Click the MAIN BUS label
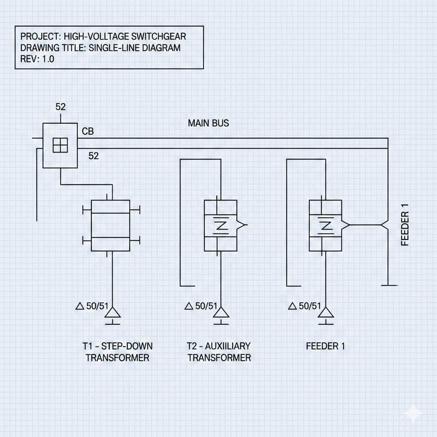[x=208, y=123]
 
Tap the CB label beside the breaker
[x=87, y=131]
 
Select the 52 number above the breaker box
[x=61, y=107]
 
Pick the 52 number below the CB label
[x=93, y=156]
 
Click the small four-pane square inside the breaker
[x=60, y=145]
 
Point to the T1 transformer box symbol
[x=111, y=225]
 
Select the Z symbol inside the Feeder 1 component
[x=325, y=226]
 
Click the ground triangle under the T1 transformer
[x=113, y=314]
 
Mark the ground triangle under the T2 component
[x=221, y=314]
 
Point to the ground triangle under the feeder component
[x=327, y=314]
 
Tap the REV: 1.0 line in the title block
[x=38, y=59]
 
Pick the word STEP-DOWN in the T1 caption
[x=128, y=346]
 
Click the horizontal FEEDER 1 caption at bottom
[x=325, y=346]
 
